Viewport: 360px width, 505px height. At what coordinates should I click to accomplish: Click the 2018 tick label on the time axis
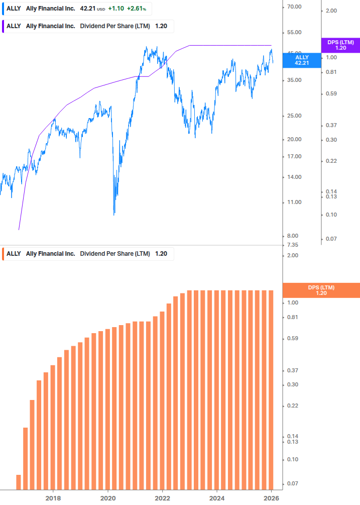click(53, 498)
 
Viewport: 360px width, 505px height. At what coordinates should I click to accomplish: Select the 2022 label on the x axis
click(163, 498)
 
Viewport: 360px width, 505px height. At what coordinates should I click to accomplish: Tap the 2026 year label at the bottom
click(272, 498)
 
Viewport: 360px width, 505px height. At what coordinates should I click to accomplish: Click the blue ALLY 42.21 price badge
click(302, 60)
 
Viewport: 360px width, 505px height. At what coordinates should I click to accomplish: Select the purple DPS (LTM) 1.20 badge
click(340, 45)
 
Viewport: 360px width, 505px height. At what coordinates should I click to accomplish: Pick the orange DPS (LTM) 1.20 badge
click(321, 290)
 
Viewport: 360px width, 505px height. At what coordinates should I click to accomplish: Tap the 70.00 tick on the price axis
click(294, 7)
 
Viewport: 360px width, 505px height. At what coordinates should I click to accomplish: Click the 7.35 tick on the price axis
click(292, 245)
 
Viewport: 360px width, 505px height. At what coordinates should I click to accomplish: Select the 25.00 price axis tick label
click(294, 116)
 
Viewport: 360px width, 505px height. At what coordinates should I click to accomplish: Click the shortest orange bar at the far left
click(19, 482)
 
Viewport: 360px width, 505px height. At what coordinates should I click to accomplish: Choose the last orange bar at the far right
click(271, 389)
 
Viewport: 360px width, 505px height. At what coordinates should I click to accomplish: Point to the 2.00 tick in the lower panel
click(292, 255)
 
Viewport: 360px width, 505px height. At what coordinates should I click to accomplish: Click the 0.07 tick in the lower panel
click(292, 483)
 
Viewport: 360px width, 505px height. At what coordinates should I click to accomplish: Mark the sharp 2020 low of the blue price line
click(114, 215)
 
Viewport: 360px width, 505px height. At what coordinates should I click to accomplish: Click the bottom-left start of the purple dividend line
click(19, 230)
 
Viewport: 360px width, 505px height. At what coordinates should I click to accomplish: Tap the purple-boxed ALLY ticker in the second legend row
click(14, 26)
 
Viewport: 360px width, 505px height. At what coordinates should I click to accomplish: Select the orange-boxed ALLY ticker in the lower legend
click(14, 254)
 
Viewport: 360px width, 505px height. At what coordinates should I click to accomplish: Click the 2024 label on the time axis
click(217, 498)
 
